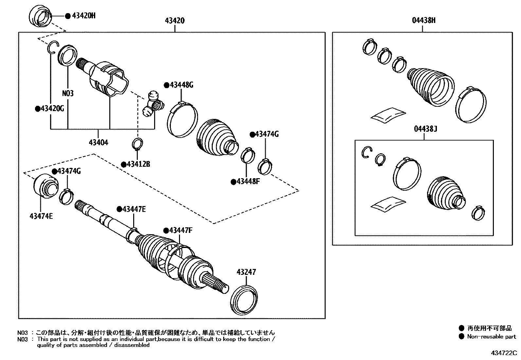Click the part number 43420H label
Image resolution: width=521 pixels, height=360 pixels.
[83, 16]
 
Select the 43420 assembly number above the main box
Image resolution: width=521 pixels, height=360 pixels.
[174, 21]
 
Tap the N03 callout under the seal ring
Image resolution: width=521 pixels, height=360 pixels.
[68, 93]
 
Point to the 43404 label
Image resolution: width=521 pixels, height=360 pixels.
[98, 142]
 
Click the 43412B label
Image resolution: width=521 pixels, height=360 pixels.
[138, 164]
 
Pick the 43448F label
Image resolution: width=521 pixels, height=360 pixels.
[248, 181]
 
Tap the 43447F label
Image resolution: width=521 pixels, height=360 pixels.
[180, 231]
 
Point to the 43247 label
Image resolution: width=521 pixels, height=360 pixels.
[246, 272]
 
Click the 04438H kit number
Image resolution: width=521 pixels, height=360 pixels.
[423, 21]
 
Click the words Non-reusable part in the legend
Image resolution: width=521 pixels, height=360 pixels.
[491, 336]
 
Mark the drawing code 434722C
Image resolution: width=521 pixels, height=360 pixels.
[503, 353]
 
